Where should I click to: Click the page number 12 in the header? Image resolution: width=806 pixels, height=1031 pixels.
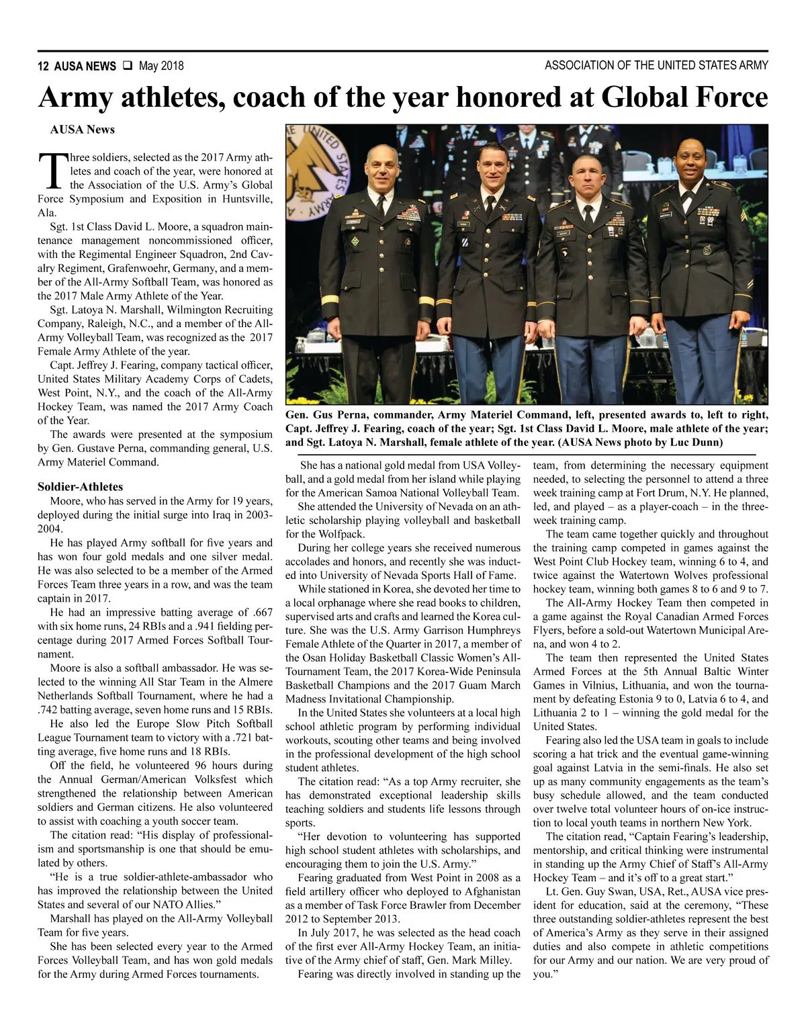tap(43, 66)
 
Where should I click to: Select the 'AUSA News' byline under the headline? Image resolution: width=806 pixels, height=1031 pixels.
tap(82, 130)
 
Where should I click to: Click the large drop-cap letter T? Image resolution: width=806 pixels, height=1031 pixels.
tap(52, 171)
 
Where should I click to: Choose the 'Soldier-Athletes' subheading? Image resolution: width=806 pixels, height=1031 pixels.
tap(80, 486)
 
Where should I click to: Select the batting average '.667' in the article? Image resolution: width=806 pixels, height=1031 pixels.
tap(261, 612)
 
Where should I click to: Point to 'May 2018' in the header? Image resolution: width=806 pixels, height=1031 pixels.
tap(161, 66)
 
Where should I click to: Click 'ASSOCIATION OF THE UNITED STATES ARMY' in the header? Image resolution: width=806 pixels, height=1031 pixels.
tap(656, 65)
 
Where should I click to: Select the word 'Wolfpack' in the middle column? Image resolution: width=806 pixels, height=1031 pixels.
tap(342, 534)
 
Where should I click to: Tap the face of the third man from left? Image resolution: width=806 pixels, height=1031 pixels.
tap(588, 177)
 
